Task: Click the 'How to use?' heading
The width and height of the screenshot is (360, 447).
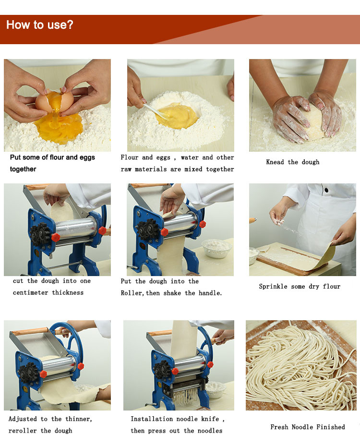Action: (40, 25)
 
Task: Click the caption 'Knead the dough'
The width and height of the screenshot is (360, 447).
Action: (292, 162)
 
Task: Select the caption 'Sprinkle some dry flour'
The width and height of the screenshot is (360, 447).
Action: (300, 287)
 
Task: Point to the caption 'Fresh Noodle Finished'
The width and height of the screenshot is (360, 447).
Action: (307, 427)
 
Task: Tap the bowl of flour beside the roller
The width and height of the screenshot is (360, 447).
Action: (216, 248)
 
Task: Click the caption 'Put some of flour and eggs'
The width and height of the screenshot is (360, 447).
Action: (52, 157)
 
